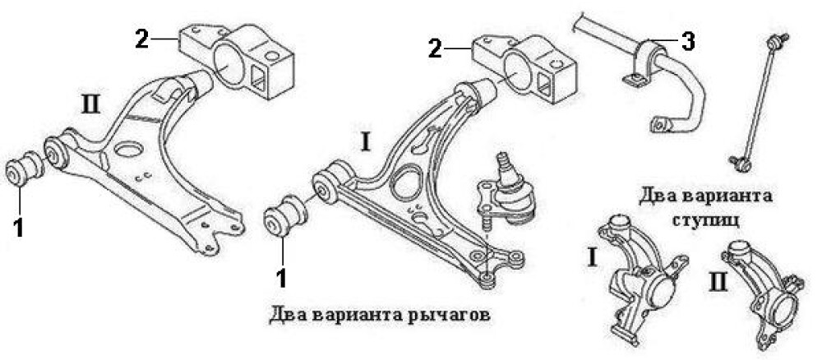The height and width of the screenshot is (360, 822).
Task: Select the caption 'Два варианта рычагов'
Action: tap(379, 314)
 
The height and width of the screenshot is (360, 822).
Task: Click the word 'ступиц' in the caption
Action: tap(710, 219)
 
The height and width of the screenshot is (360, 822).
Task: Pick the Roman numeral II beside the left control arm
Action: tap(91, 105)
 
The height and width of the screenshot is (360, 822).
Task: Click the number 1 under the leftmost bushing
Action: tap(19, 226)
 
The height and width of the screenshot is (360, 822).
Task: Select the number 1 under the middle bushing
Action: tap(282, 277)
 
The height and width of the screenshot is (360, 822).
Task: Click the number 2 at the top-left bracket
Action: tap(142, 38)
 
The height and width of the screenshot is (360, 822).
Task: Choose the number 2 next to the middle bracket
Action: tap(434, 48)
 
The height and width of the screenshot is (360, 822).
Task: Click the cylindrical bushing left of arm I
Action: tap(286, 215)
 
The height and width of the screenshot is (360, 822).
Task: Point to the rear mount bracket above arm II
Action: tap(238, 58)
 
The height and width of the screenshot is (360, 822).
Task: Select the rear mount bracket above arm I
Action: tap(523, 67)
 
